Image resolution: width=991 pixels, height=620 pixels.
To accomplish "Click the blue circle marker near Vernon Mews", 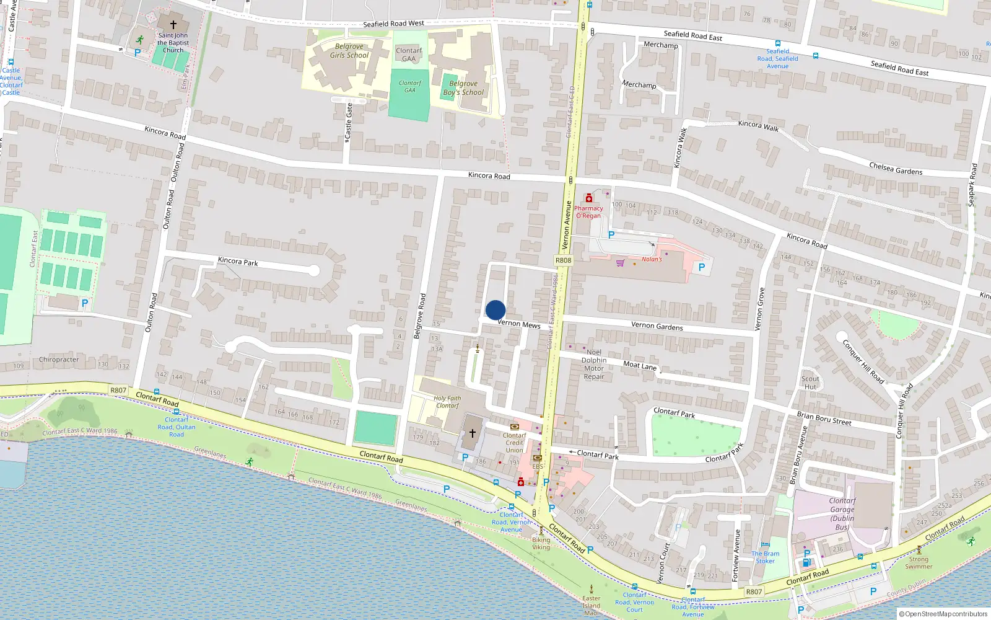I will (495, 310).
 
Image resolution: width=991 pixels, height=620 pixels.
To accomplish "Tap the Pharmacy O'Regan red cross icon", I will (589, 198).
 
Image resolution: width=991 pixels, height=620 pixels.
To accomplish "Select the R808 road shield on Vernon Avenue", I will (563, 260).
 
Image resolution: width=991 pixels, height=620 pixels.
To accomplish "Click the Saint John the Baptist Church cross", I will (173, 25).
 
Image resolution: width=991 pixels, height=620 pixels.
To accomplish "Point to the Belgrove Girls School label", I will (349, 51).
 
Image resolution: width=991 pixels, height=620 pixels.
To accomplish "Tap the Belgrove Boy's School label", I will (463, 88).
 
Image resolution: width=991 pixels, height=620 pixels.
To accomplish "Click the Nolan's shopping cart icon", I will (620, 262).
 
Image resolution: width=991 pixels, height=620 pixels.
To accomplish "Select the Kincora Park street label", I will (238, 262).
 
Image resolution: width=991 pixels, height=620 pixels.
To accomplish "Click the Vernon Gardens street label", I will (657, 325).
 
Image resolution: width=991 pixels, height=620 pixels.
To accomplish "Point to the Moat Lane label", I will (640, 366).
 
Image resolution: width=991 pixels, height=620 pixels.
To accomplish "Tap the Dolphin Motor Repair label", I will (594, 365).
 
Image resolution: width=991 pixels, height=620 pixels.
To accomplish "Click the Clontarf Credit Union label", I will (514, 443).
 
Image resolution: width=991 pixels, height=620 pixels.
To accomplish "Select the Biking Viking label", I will (541, 544).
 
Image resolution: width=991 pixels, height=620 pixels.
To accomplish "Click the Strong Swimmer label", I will (919, 562).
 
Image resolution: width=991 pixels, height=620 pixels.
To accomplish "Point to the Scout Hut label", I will (810, 383).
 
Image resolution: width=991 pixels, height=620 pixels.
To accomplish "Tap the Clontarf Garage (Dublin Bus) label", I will (842, 513).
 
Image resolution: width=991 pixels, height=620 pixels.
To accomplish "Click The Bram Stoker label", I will (766, 557).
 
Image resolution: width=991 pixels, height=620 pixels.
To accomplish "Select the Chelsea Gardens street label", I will (896, 169).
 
